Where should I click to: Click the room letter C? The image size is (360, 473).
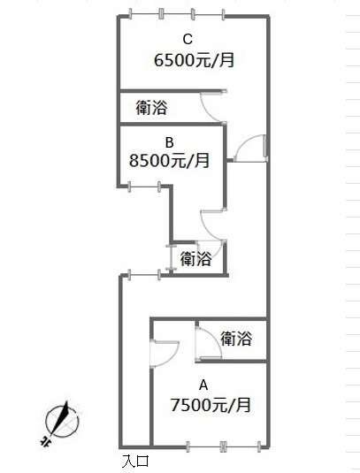188,40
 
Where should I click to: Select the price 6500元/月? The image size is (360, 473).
195,60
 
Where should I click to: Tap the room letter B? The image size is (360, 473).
170,142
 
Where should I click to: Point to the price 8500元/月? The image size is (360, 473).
169,161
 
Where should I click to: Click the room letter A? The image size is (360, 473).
203,385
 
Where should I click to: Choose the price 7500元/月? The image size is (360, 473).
211,405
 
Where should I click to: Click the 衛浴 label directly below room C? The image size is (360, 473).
151,108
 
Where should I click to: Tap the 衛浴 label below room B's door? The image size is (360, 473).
195,259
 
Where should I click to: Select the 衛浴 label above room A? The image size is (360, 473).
236,339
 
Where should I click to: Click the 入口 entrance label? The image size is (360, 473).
136,461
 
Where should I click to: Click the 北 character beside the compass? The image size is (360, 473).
45,441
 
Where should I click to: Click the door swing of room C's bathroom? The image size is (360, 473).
212,107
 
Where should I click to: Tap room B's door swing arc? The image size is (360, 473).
212,225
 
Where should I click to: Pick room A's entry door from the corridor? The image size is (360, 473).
165,354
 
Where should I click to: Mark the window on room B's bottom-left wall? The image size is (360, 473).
144,187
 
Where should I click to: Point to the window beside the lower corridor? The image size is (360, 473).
144,275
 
